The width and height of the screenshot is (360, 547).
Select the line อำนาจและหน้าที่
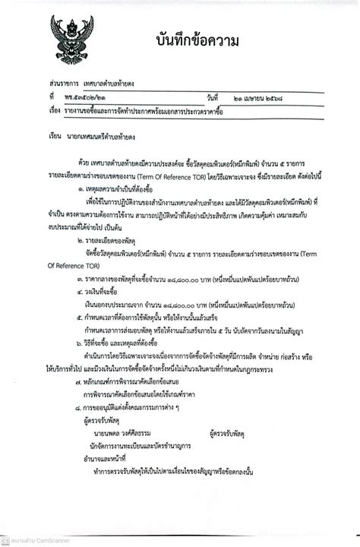pos(104,457)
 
